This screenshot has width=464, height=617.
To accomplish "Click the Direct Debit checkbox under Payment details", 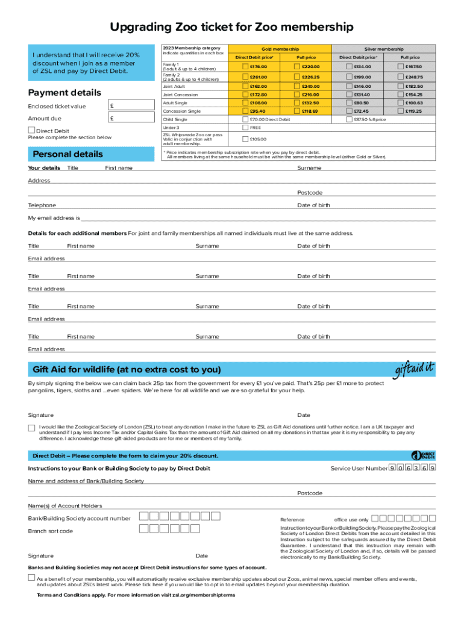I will click(31, 130).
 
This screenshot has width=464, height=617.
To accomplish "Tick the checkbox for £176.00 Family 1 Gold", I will click(245, 66).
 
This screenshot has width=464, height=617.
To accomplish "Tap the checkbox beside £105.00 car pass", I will click(245, 139).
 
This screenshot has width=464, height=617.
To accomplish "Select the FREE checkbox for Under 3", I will click(245, 128).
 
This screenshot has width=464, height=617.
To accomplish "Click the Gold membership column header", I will click(280, 49).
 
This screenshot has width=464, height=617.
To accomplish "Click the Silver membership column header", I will click(384, 49).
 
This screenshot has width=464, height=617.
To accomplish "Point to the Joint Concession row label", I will click(180, 95).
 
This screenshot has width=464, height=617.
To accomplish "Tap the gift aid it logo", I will click(414, 368).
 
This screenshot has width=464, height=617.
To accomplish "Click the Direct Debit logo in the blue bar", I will click(423, 456).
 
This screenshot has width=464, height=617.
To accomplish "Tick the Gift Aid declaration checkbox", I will click(31, 428).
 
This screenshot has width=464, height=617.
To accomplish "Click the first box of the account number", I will click(143, 516).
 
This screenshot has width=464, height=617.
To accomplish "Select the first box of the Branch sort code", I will click(143, 529).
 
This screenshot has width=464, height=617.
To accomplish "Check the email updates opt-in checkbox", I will click(31, 577).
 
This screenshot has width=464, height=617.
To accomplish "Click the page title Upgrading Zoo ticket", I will click(231, 27).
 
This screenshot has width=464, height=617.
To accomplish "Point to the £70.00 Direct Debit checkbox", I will click(245, 119).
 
